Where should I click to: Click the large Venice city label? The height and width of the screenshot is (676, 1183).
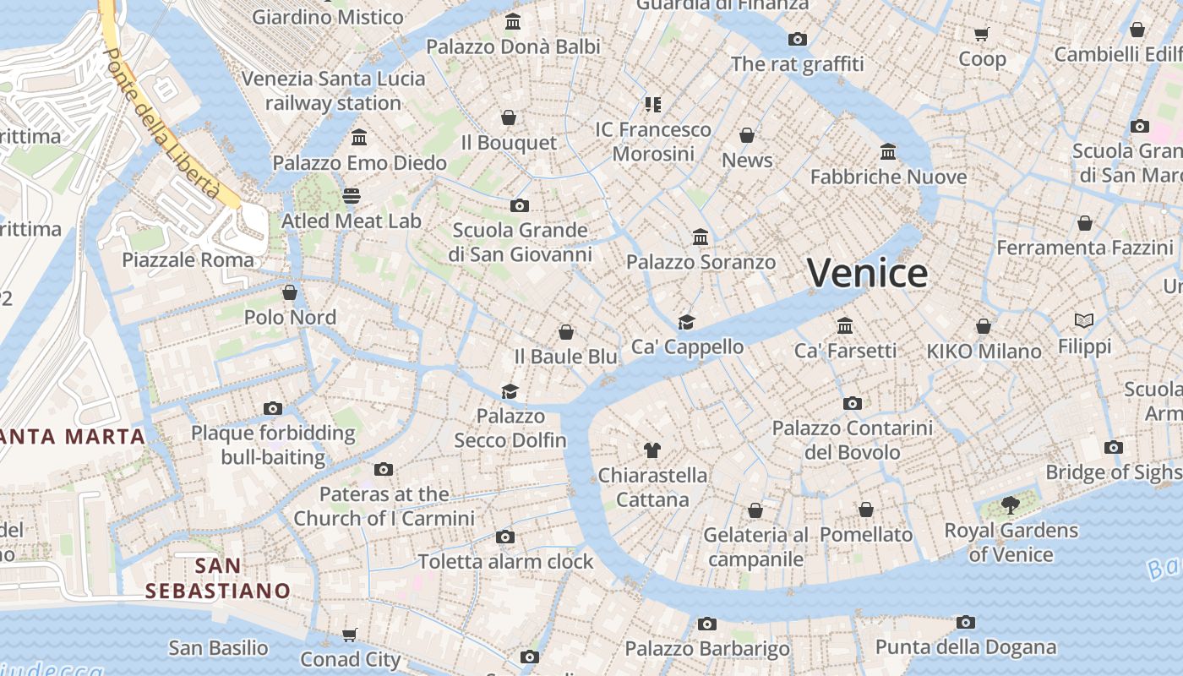867,273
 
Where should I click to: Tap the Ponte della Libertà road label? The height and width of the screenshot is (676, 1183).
161,122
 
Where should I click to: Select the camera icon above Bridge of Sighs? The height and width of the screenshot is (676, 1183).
1114,447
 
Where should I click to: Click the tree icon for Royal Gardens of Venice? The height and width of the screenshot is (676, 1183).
1010,505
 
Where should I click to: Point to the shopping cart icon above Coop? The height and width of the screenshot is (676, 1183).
981,34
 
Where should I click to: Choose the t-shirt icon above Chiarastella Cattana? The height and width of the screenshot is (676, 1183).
651,450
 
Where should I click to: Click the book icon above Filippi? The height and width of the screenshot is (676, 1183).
1084,320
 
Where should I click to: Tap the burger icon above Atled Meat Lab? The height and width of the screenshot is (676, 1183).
352,196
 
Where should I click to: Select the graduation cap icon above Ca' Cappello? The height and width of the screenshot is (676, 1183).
686,322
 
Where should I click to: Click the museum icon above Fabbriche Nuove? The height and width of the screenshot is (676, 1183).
888,151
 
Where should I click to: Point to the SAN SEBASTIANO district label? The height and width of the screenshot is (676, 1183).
217,578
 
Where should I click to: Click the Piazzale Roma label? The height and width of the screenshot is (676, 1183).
188,259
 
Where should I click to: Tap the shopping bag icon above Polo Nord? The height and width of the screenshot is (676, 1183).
290,292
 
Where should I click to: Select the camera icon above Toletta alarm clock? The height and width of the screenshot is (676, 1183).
505,537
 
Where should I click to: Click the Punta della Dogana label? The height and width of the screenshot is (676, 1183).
966,647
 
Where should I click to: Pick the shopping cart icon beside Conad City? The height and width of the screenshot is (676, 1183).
349,634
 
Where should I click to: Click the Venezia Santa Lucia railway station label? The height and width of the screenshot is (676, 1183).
333,91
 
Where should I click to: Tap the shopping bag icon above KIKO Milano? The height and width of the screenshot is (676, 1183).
984,325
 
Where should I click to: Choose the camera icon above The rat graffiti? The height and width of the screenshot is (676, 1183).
797,39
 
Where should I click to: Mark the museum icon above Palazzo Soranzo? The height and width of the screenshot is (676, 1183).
701,237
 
